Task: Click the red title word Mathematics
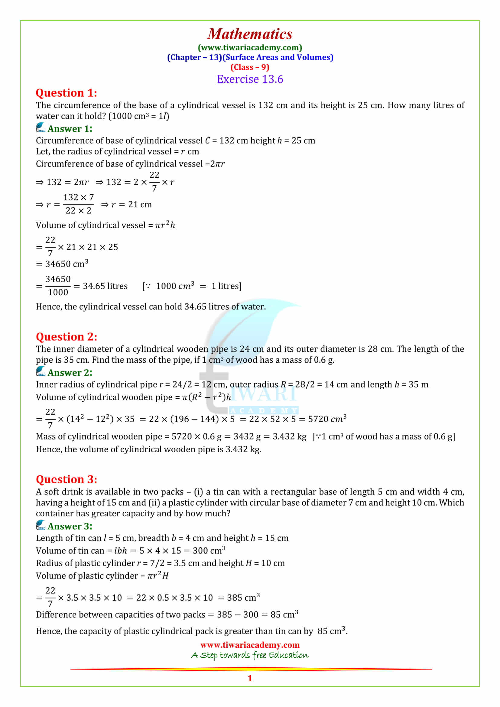coord(250,34)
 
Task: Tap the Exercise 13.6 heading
coord(250,79)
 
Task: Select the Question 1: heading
coord(67,93)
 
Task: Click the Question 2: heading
coord(67,336)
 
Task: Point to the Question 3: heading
coord(67,479)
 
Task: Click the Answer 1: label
coord(70,129)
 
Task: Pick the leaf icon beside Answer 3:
coord(41,525)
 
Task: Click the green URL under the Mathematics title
coord(250,47)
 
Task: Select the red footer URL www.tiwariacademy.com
coord(250,645)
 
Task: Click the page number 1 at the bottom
coord(250,678)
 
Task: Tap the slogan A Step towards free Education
coord(250,655)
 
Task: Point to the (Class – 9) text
coord(250,67)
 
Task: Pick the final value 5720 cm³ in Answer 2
coord(327,419)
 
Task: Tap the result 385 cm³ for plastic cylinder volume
coord(243,598)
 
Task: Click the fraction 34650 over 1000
coord(58,286)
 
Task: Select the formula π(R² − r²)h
coord(206,397)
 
